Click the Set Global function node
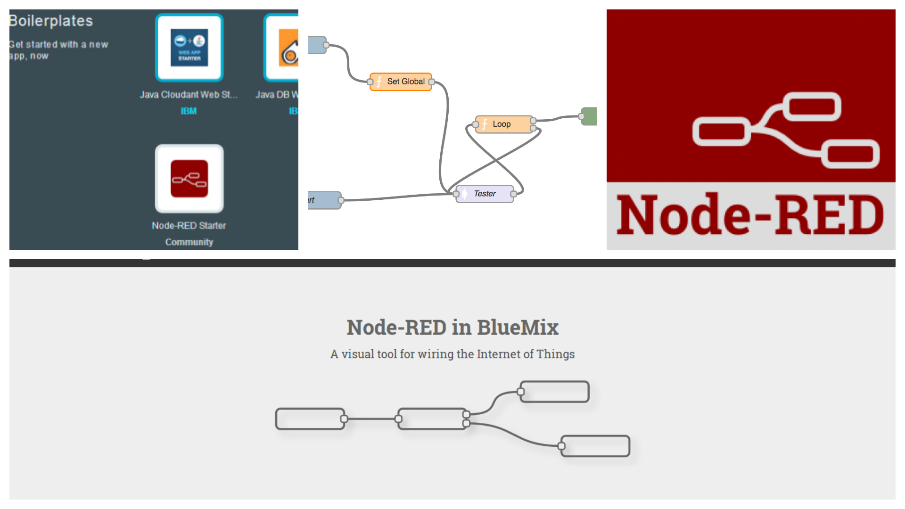[x=401, y=82]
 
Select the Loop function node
[x=504, y=124]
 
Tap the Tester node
[x=485, y=194]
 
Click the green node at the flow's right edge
[x=590, y=116]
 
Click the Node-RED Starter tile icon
[x=189, y=179]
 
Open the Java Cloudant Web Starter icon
[x=189, y=48]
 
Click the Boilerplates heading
[x=51, y=21]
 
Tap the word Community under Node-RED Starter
[x=189, y=242]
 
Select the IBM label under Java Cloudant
[x=189, y=111]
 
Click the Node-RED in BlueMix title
[x=452, y=328]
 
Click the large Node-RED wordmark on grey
[x=750, y=215]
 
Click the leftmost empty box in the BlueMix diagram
[x=310, y=419]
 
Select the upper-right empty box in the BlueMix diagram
[x=555, y=392]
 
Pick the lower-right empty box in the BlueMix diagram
[x=595, y=446]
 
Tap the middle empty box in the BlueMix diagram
[x=432, y=419]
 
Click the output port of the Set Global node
[x=431, y=82]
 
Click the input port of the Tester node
[x=456, y=194]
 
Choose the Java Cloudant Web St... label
[x=189, y=95]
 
